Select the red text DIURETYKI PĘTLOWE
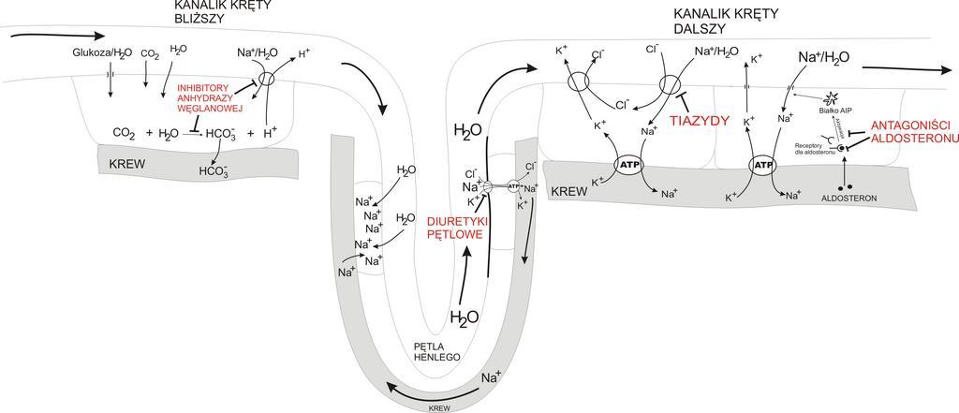pos(454,228)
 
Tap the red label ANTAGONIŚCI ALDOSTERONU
pos(911,132)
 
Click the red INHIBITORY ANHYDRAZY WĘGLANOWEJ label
pos(210,97)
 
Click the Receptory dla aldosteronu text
pos(815,150)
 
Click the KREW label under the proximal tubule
pos(128,159)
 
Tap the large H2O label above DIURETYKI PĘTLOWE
pos(468,128)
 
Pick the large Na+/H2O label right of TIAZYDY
pos(823,58)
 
